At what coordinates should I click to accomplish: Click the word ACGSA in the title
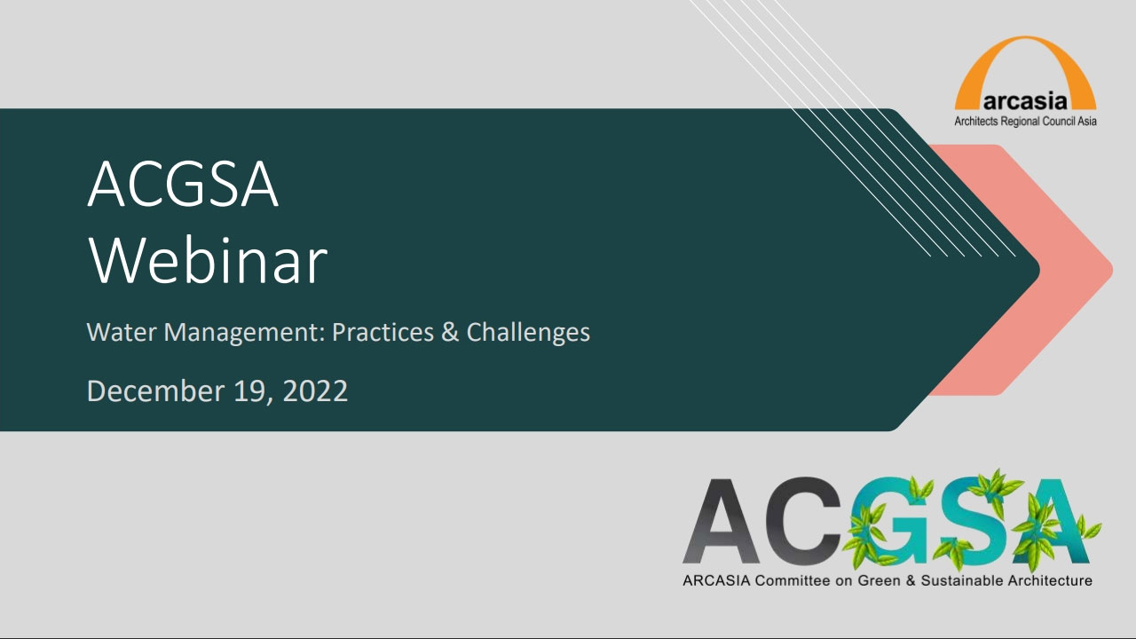183,184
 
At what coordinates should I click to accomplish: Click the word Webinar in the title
208,260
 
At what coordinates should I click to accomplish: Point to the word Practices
383,333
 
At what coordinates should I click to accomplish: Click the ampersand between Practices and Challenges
450,333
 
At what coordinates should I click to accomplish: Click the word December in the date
155,391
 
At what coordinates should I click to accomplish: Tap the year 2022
315,391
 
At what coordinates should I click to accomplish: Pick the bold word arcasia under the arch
1025,101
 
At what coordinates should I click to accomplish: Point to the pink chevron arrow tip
1112,270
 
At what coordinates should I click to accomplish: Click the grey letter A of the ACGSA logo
721,521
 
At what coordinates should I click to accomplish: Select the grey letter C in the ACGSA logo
803,521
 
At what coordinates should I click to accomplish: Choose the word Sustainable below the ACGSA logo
961,580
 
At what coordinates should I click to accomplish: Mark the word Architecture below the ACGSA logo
1050,580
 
